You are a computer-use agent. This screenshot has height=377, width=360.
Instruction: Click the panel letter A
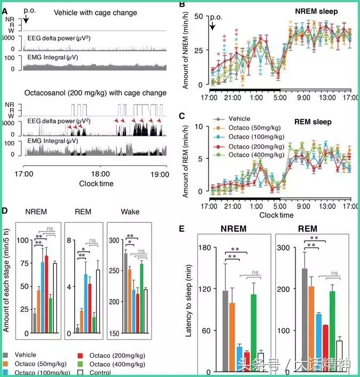tap(5, 6)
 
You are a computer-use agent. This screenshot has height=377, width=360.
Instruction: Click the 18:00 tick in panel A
tap(100, 174)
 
